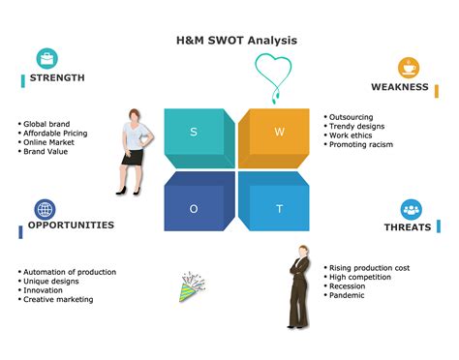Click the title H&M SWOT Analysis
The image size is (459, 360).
point(229,40)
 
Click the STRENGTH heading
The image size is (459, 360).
point(56,77)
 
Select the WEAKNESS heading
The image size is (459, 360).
point(399,87)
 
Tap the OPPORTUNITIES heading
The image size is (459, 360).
point(71,225)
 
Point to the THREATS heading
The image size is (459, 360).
point(408,228)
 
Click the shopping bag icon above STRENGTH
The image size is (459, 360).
point(46,57)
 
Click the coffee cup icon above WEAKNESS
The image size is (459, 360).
point(409,67)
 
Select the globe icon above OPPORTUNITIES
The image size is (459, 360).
point(46,209)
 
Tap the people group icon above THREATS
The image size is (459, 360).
point(411,209)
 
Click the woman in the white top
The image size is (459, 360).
point(133,150)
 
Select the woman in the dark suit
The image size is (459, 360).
point(298,286)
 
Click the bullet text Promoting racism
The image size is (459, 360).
point(362,144)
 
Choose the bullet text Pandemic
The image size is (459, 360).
point(348,295)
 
